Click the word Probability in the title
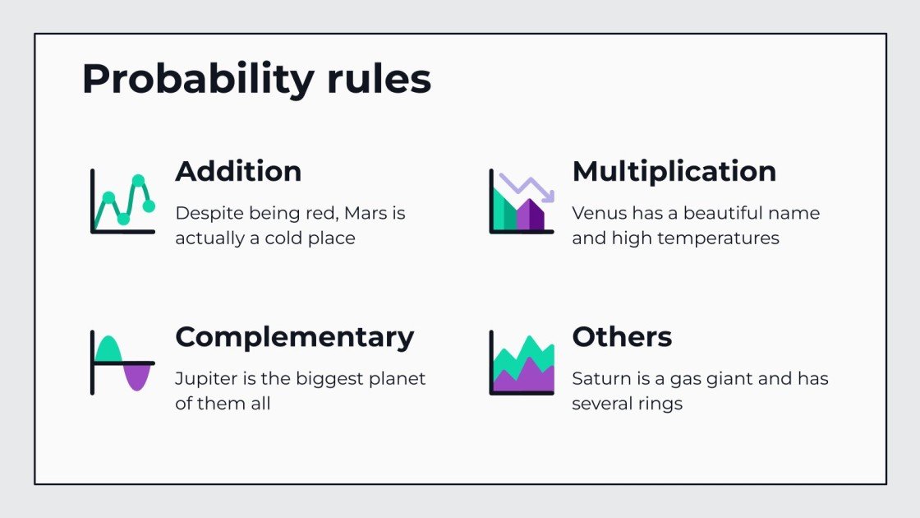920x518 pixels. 198,81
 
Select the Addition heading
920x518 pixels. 238,171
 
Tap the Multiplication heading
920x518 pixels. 674,171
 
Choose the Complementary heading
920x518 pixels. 294,337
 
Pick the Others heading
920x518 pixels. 622,337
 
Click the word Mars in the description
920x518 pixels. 364,214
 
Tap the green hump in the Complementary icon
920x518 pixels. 108,350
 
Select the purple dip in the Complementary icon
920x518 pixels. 137,376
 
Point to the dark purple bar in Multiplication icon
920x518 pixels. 536,215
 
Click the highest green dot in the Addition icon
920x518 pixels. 139,180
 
